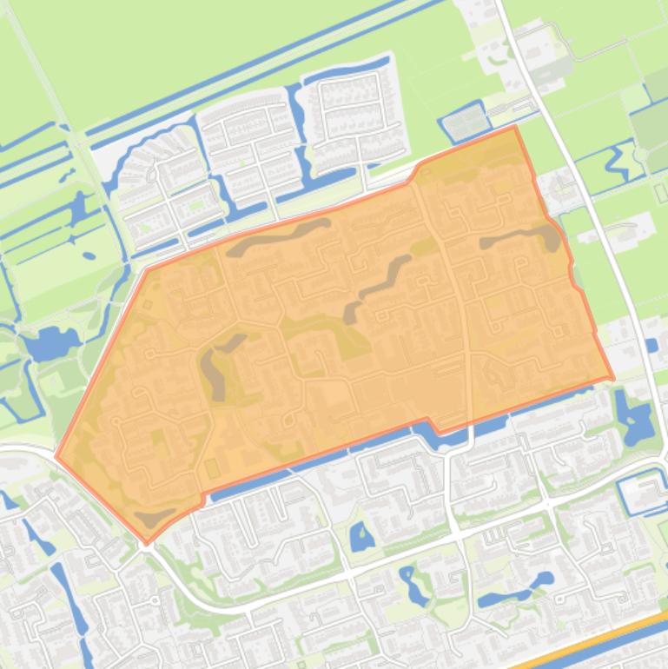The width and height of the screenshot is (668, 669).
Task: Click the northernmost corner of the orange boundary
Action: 515,126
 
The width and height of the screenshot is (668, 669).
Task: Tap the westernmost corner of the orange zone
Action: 56,455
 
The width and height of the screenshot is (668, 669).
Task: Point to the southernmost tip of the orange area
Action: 147,543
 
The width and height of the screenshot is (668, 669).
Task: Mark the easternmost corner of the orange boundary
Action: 613,379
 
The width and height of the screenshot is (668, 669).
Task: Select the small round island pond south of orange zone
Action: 361,538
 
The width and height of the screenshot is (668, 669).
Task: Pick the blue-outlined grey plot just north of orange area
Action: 466,122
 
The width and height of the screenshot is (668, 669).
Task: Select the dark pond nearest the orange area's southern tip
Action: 155,519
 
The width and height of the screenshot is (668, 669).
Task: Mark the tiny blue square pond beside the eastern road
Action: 651,346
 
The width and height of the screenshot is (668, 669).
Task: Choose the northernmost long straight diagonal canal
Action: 261,70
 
